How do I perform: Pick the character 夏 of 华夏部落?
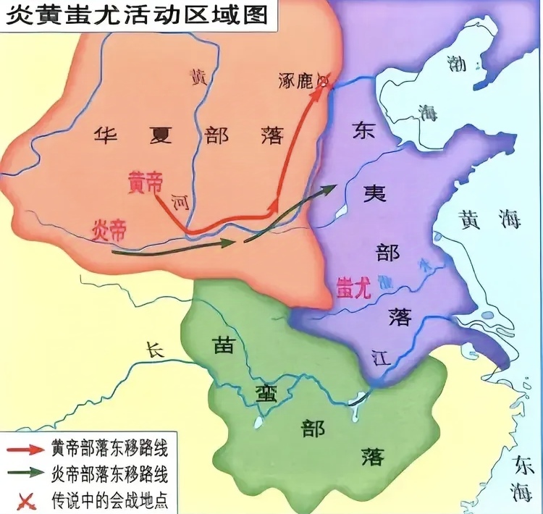160,135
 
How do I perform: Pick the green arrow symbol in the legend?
25,475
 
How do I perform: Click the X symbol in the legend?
25,499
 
